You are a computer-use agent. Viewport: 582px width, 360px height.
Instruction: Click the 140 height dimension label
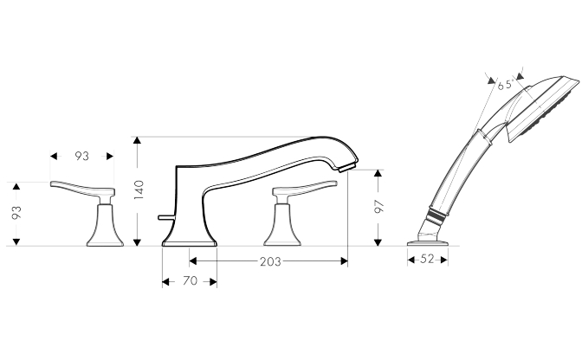pyautogui.click(x=139, y=190)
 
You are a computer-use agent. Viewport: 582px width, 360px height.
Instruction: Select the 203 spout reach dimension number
pyautogui.click(x=270, y=261)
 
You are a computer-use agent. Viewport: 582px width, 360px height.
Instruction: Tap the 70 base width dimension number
pyautogui.click(x=190, y=281)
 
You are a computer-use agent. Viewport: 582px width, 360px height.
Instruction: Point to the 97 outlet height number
pyautogui.click(x=379, y=207)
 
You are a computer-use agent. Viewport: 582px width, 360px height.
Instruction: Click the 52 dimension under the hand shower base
pyautogui.click(x=427, y=259)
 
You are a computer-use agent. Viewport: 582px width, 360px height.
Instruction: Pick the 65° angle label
pyautogui.click(x=506, y=86)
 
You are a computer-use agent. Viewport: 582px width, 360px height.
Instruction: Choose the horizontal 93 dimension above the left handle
pyautogui.click(x=82, y=156)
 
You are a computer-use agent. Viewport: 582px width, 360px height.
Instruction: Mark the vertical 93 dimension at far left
pyautogui.click(x=16, y=212)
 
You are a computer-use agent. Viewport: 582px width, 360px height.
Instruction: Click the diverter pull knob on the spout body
pyautogui.click(x=165, y=217)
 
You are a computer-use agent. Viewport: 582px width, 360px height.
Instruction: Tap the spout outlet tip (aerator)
pyautogui.click(x=348, y=166)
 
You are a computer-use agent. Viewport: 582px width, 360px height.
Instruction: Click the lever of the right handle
pyautogui.click(x=305, y=189)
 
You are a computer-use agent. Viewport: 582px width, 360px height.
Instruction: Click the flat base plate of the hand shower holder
pyautogui.click(x=428, y=243)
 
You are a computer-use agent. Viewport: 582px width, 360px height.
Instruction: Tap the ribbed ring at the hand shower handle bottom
pyautogui.click(x=436, y=215)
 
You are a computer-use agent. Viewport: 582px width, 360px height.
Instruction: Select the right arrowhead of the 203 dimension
pyautogui.click(x=344, y=261)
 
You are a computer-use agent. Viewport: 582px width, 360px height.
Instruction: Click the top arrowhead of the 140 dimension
pyautogui.click(x=138, y=140)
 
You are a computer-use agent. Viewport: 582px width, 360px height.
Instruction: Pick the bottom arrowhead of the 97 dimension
pyautogui.click(x=378, y=242)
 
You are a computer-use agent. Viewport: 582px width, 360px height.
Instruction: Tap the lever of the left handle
pyautogui.click(x=82, y=189)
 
